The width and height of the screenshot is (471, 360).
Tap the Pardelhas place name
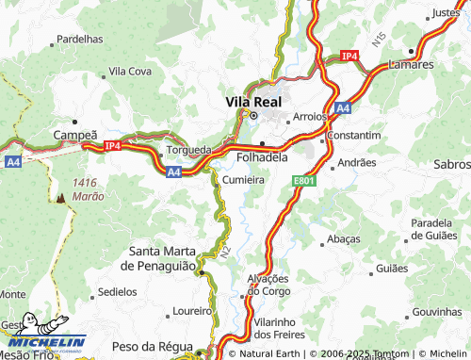pos(80,40)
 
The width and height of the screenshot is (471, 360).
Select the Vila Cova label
pos(130,71)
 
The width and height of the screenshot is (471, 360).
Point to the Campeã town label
pos(75,136)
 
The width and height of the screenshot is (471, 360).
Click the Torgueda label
pos(188,149)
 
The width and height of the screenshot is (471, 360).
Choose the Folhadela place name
pos(263,156)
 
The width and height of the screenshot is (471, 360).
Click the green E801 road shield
pos(302,179)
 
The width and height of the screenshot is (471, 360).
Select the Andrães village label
pos(356,162)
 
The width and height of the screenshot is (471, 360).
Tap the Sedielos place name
pos(117,292)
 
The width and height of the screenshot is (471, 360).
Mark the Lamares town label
pos(411,65)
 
